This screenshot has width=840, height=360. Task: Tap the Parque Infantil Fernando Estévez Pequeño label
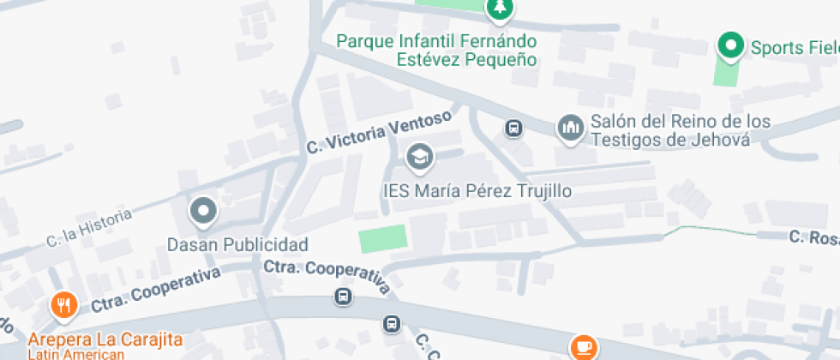pos(436,50)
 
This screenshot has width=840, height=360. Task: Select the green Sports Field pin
pos(730,46)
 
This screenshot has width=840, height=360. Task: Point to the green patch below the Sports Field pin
pos(726,73)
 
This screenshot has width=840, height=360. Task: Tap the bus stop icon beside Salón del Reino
pos(513,129)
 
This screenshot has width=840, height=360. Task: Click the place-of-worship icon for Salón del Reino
pos(570,129)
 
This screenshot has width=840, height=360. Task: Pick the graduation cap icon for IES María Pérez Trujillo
pos(419,157)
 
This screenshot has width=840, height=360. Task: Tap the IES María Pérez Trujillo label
pos(476,191)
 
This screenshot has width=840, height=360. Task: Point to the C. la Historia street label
pos(89,227)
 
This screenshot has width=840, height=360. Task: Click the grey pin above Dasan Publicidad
pos(203,211)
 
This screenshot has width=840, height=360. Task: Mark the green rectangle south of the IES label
pos(382,238)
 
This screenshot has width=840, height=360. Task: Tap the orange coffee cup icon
pos(585,347)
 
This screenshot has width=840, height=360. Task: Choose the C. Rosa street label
pos(813,237)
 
